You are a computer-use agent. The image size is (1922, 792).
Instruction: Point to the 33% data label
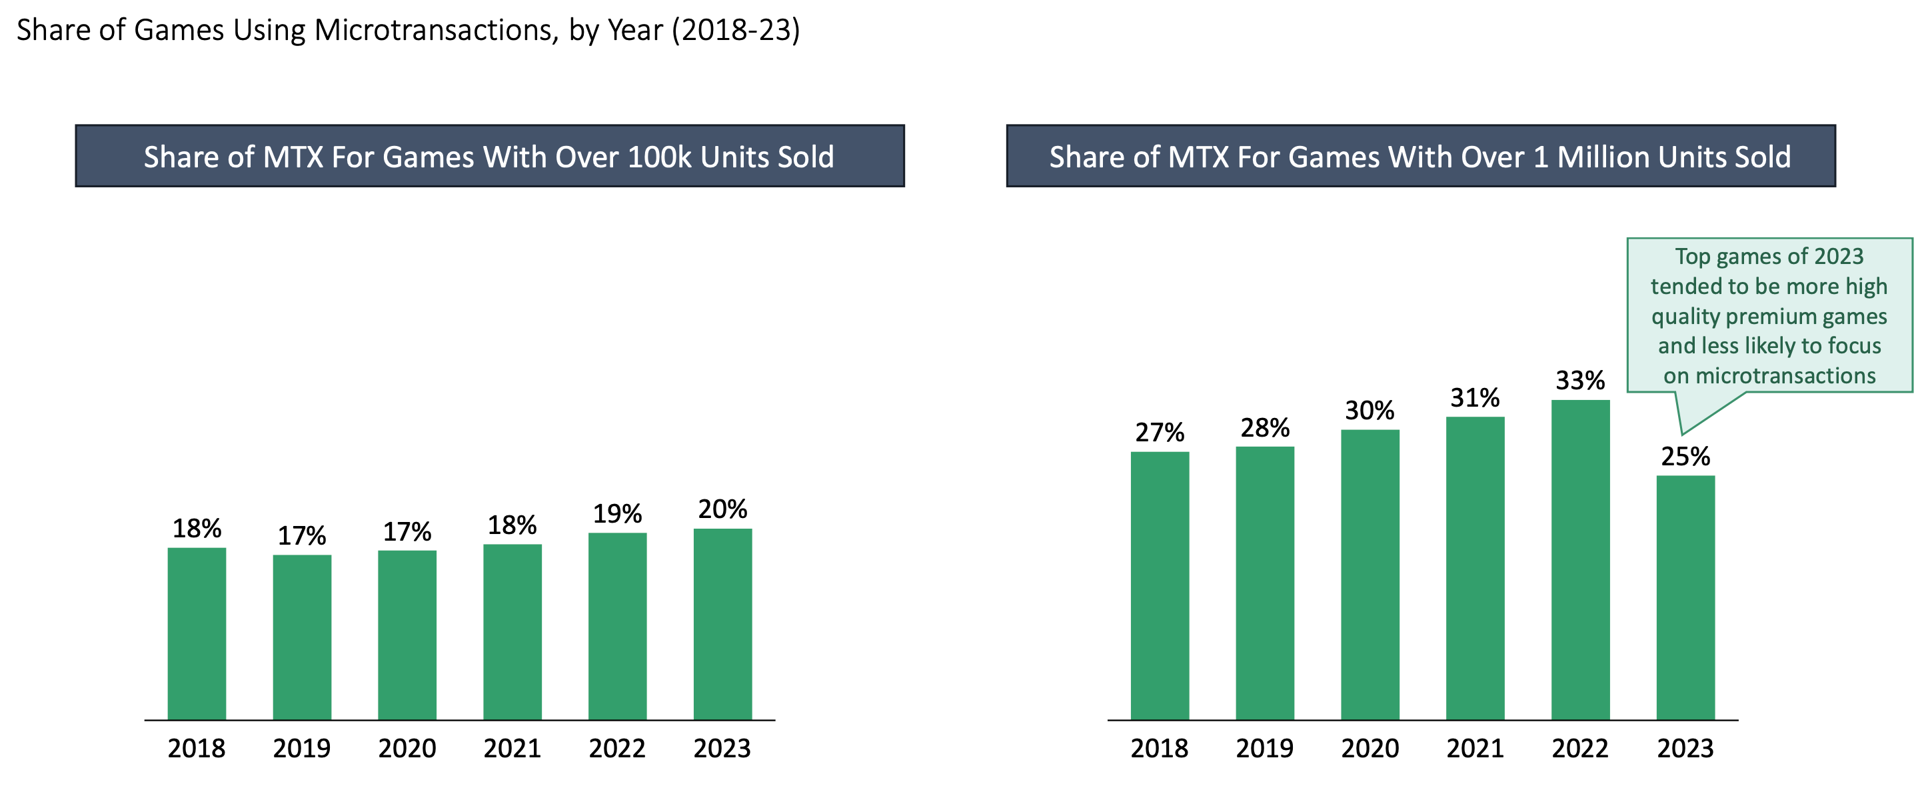[x=1579, y=381]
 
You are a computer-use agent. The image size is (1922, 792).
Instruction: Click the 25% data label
[x=1685, y=456]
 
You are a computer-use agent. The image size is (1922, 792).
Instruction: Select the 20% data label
[x=722, y=509]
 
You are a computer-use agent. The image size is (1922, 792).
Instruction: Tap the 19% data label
[x=617, y=513]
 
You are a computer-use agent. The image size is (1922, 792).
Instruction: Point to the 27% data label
[x=1160, y=432]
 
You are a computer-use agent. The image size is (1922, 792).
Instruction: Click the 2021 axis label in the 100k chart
[x=512, y=748]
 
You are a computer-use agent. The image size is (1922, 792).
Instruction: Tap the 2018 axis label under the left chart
[x=196, y=748]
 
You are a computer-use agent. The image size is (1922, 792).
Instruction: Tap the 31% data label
[x=1474, y=397]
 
